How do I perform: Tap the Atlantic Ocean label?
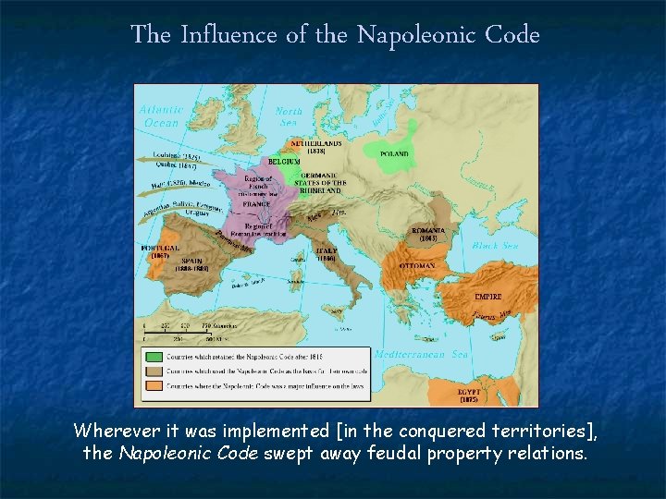[161, 116]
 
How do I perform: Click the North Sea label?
[290, 116]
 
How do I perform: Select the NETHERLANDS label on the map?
[316, 144]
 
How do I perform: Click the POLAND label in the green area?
[394, 154]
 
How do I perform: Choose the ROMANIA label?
[428, 231]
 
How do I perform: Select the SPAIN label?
[191, 262]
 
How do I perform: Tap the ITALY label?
[327, 251]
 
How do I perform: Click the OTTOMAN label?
[417, 266]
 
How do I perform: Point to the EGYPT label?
[469, 392]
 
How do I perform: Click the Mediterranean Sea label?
[423, 354]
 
